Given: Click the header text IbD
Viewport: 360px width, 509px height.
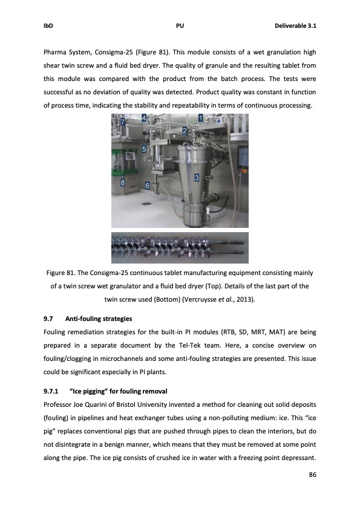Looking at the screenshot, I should point(48,26).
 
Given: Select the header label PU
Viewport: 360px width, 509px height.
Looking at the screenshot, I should point(180,26).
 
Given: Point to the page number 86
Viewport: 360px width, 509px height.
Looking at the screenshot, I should point(312,475).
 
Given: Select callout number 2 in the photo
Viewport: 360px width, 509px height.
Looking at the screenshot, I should point(184,130).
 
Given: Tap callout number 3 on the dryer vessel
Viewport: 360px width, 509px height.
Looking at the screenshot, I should point(197,178).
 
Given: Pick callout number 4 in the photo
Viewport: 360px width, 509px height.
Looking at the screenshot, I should point(143,119).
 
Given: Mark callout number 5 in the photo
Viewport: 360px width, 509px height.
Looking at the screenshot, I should point(143,148).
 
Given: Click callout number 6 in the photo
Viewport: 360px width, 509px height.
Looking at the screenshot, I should point(147,184).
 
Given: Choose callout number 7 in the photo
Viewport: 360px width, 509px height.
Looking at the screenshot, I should point(123,122).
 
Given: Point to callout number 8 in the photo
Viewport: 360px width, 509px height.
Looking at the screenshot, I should point(123,181).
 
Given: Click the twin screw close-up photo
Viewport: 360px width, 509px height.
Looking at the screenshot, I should point(180,248).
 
